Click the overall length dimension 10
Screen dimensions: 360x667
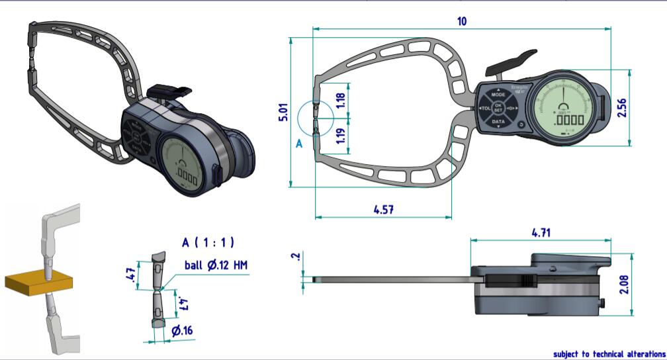(x=461, y=21)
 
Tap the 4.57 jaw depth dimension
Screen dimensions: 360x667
(x=384, y=209)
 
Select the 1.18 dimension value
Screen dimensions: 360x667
(x=341, y=101)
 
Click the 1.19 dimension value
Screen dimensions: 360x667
(x=341, y=136)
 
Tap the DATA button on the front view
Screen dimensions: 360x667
(x=498, y=121)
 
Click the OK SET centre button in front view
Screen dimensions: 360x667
(x=499, y=108)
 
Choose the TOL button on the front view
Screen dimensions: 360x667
(x=483, y=108)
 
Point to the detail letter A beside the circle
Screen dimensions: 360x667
(x=298, y=142)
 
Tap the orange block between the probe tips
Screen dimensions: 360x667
(x=36, y=280)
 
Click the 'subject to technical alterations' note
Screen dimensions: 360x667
(x=609, y=354)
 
